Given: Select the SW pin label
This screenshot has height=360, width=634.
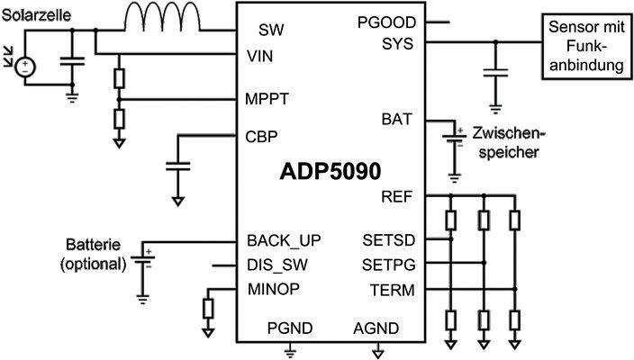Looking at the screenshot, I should pyautogui.click(x=271, y=30).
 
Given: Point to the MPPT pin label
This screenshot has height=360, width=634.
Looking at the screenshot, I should pyautogui.click(x=267, y=97).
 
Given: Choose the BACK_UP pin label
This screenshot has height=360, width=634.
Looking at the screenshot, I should pyautogui.click(x=284, y=241).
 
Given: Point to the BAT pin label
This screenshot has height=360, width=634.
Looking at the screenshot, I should pyautogui.click(x=397, y=118).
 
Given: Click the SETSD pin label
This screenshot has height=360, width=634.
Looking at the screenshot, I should pyautogui.click(x=388, y=241).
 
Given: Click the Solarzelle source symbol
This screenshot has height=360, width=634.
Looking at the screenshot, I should pyautogui.click(x=27, y=66).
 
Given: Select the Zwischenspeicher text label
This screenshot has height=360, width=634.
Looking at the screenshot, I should pyautogui.click(x=501, y=142).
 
